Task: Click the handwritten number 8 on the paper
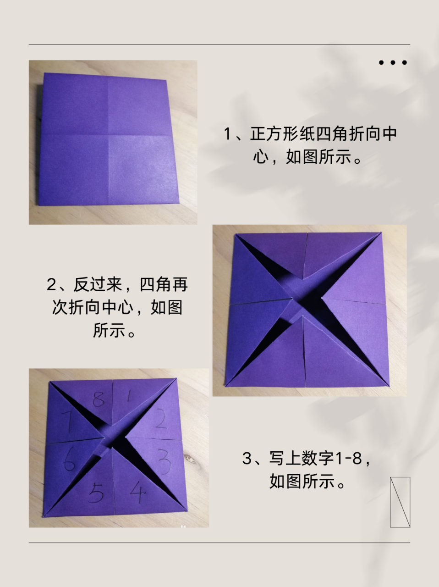point(98,399)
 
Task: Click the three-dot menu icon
point(393,62)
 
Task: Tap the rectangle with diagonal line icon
point(400,502)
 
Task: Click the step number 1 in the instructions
point(228,134)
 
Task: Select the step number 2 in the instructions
point(51,285)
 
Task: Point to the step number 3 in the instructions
point(247,458)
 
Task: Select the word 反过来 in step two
point(97,285)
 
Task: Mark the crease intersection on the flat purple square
point(108,136)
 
